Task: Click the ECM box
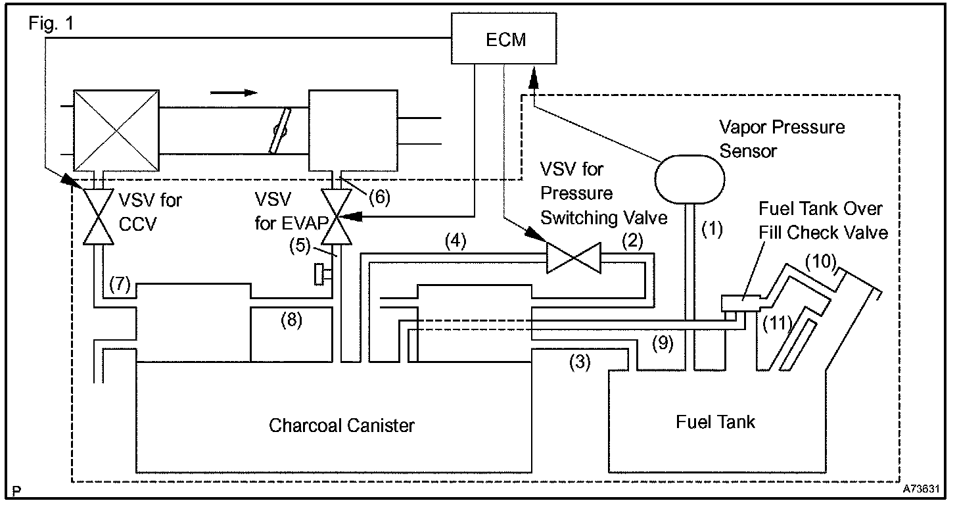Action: pos(504,38)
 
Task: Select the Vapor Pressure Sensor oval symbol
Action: pos(689,179)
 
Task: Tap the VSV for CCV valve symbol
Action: pos(99,216)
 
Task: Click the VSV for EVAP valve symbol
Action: pos(337,216)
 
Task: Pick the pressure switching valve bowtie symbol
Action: pos(574,258)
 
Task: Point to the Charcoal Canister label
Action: pos(341,425)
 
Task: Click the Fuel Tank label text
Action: pos(715,421)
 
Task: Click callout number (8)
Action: pos(291,320)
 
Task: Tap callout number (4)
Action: pos(455,241)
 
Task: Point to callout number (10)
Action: pos(821,261)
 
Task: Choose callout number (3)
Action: pos(580,362)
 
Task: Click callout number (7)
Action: pos(120,284)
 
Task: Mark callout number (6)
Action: pos(380,197)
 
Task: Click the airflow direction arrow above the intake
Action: pos(234,93)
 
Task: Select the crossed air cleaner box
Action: pos(116,130)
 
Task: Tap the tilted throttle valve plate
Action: pos(280,130)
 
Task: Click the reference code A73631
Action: pos(921,489)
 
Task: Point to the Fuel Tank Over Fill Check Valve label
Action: pos(823,221)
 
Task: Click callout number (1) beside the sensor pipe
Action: pos(712,229)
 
